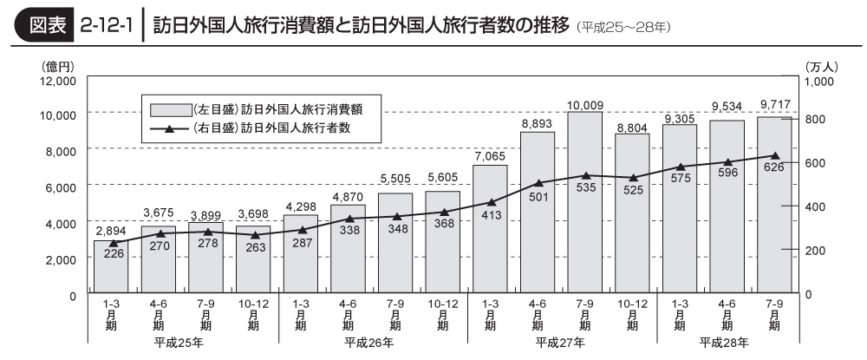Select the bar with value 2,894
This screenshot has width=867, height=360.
click(x=110, y=266)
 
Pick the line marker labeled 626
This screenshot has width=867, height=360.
click(x=774, y=156)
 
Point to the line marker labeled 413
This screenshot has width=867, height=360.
click(x=490, y=202)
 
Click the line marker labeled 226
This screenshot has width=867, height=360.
click(x=110, y=244)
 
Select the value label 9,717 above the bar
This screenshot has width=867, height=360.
click(x=774, y=105)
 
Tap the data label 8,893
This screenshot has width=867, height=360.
click(x=538, y=123)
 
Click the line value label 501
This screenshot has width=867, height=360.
click(x=538, y=195)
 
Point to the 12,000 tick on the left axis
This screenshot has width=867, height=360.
click(x=57, y=81)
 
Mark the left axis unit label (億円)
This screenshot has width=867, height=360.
click(x=55, y=65)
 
